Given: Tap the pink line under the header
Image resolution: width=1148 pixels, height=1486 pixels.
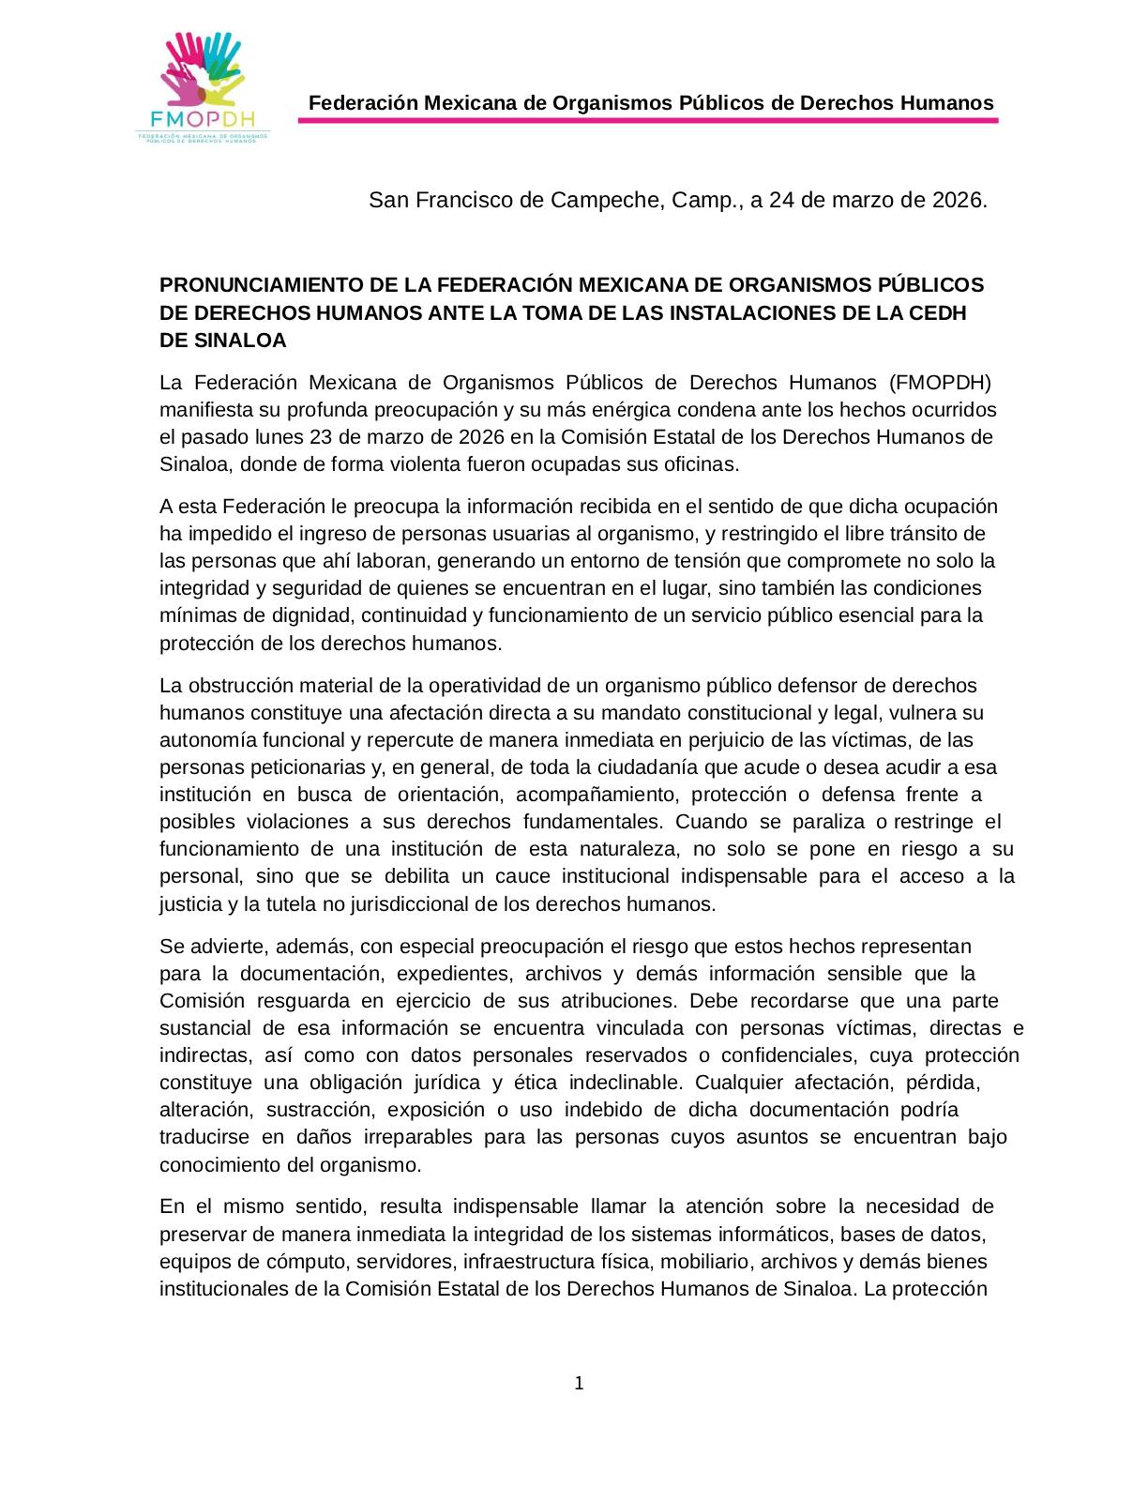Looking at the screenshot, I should pyautogui.click(x=648, y=120).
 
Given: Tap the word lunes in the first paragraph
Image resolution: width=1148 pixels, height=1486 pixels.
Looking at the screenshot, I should pyautogui.click(x=279, y=437).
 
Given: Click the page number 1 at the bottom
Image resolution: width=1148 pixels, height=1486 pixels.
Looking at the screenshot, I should pyautogui.click(x=579, y=1384).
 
